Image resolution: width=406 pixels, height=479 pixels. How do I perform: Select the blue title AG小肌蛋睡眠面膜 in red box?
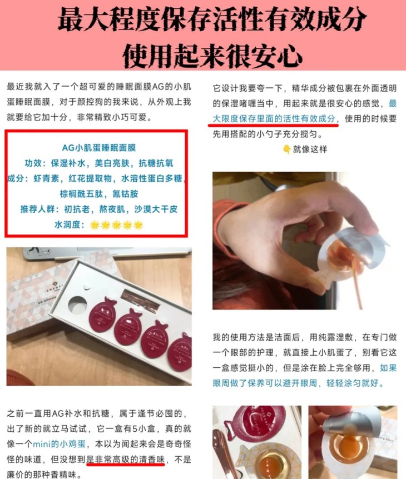(x=100, y=148)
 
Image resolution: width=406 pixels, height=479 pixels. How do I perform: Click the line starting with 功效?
(x=100, y=163)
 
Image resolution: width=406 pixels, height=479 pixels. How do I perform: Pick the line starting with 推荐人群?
(x=100, y=209)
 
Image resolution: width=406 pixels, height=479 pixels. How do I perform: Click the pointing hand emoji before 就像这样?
(x=286, y=149)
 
